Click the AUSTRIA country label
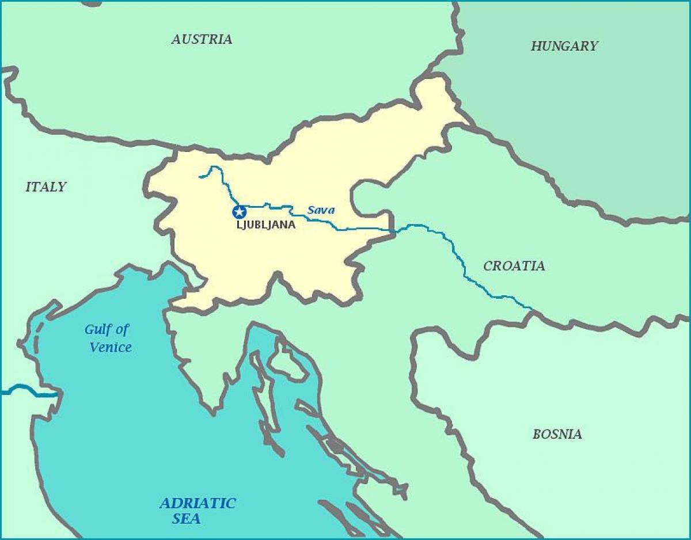202,39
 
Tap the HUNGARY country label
564,46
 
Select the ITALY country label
45,187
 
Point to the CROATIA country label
514,266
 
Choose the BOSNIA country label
557,434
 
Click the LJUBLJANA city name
266,225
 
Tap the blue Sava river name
321,210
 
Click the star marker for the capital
239,212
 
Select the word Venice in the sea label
111,347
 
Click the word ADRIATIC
198,503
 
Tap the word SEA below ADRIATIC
186,519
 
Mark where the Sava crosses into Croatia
394,230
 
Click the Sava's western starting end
200,176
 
